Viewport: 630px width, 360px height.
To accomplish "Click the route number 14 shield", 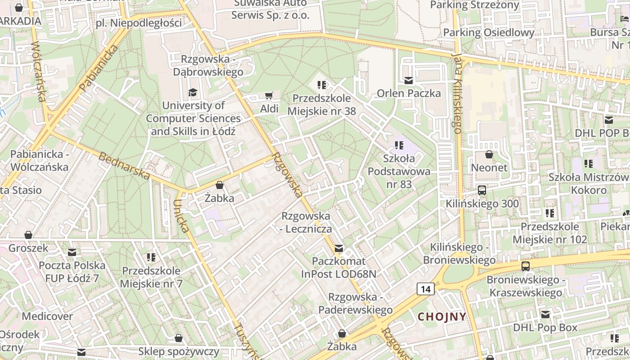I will pos(425,289).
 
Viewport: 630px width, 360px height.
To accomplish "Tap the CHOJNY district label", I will pos(442,316).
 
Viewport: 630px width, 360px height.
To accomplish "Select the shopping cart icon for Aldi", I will pos(269,95).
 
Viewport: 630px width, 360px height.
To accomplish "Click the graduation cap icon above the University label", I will pos(193,92).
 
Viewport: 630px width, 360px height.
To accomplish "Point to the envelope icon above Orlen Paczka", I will pos(409,81).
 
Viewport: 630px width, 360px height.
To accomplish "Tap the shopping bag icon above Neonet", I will pos(489,154).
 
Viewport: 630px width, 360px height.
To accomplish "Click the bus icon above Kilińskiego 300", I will pos(482,190).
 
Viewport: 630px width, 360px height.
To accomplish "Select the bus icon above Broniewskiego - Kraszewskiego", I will pos(526,266).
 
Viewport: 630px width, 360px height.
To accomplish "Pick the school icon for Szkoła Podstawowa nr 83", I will pos(399,145).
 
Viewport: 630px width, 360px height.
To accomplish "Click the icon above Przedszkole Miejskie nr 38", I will pos(321,85).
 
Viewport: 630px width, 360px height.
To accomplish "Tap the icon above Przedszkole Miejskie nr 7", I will pos(151,257).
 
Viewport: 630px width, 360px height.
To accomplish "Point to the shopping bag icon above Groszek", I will pos(28,235).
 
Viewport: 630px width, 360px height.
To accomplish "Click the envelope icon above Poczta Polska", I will pos(72,252).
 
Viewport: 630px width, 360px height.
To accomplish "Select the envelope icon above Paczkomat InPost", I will pos(338,248).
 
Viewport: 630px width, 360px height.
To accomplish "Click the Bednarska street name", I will pos(124,166).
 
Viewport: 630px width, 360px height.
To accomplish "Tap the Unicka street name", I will pos(181,216).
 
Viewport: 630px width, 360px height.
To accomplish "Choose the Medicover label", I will pos(47,316).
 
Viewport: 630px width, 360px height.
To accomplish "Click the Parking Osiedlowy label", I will pos(489,33).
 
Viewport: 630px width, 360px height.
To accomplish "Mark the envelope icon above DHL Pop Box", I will pos(545,315).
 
